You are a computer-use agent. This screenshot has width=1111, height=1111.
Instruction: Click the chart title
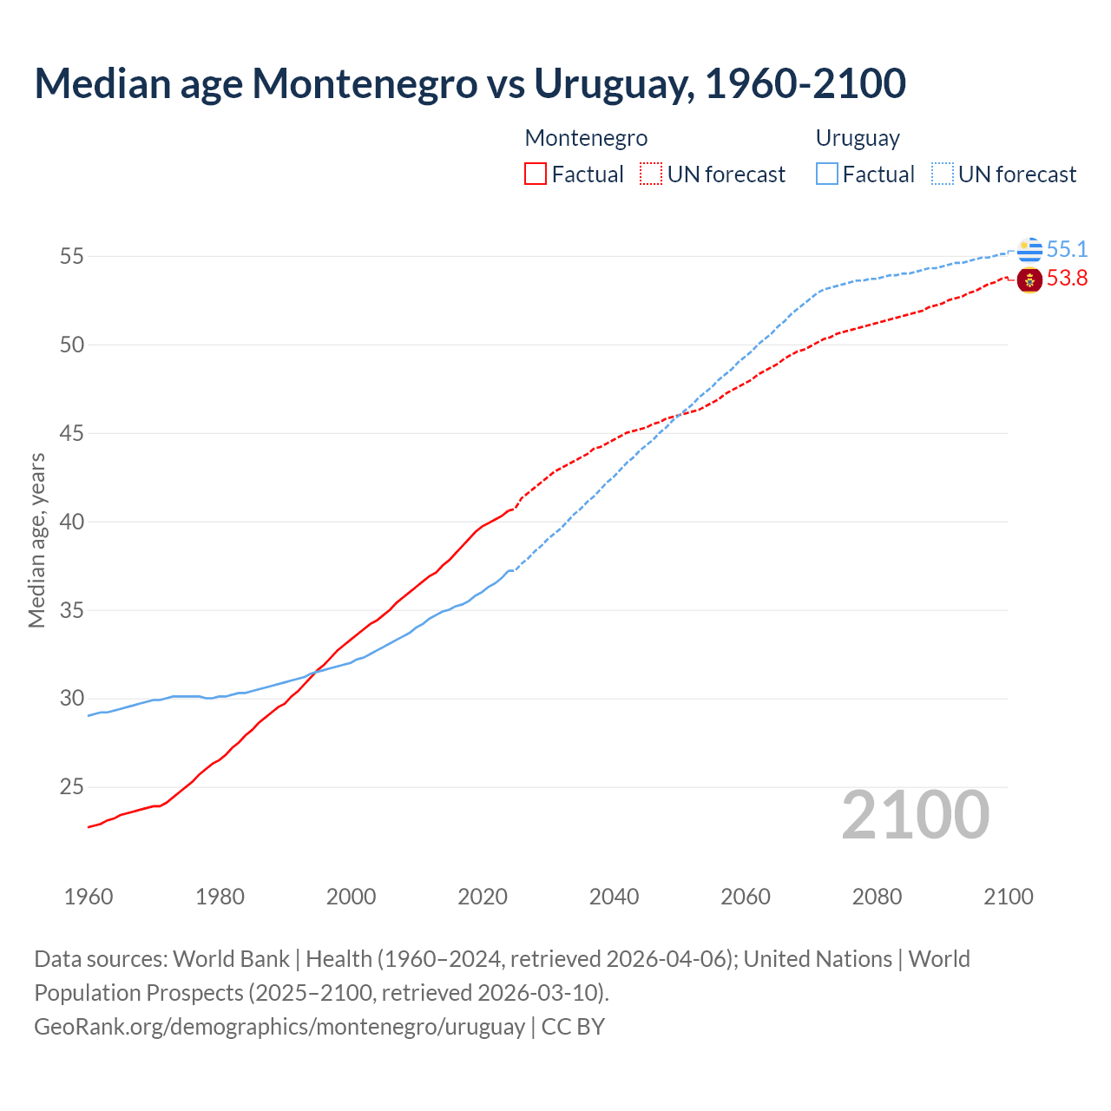pyautogui.click(x=470, y=84)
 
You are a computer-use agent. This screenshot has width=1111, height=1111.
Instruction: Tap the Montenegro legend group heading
pyautogui.click(x=586, y=138)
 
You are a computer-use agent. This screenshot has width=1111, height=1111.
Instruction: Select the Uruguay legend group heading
pyautogui.click(x=857, y=138)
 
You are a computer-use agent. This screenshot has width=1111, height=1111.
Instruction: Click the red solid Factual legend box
pyautogui.click(x=536, y=174)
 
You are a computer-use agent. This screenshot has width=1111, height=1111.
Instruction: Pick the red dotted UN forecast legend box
pyautogui.click(x=651, y=174)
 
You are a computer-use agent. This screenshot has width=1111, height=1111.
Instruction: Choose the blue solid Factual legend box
pyautogui.click(x=826, y=174)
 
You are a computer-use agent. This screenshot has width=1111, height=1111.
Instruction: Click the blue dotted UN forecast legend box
pyautogui.click(x=942, y=174)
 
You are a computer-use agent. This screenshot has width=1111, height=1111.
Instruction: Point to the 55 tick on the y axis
pyautogui.click(x=72, y=257)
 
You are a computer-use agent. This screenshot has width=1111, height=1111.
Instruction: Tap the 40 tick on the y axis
pyautogui.click(x=72, y=523)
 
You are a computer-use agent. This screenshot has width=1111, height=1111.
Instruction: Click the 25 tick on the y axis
pyautogui.click(x=72, y=788)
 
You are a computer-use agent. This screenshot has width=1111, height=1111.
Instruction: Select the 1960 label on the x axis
pyautogui.click(x=89, y=897)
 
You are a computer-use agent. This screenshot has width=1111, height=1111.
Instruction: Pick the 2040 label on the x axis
pyautogui.click(x=614, y=897)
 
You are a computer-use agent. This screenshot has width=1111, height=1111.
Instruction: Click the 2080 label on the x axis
pyautogui.click(x=877, y=897)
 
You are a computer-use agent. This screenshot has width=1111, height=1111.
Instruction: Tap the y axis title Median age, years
pyautogui.click(x=36, y=540)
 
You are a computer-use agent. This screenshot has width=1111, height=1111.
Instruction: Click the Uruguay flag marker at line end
pyautogui.click(x=1029, y=250)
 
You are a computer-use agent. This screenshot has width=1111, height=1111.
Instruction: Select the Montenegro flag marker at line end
pyautogui.click(x=1029, y=280)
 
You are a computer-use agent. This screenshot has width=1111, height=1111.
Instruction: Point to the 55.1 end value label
pyautogui.click(x=1067, y=250)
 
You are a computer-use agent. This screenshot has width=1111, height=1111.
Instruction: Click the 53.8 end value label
pyautogui.click(x=1067, y=279)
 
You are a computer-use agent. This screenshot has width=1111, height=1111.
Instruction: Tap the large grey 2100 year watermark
pyautogui.click(x=915, y=815)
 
